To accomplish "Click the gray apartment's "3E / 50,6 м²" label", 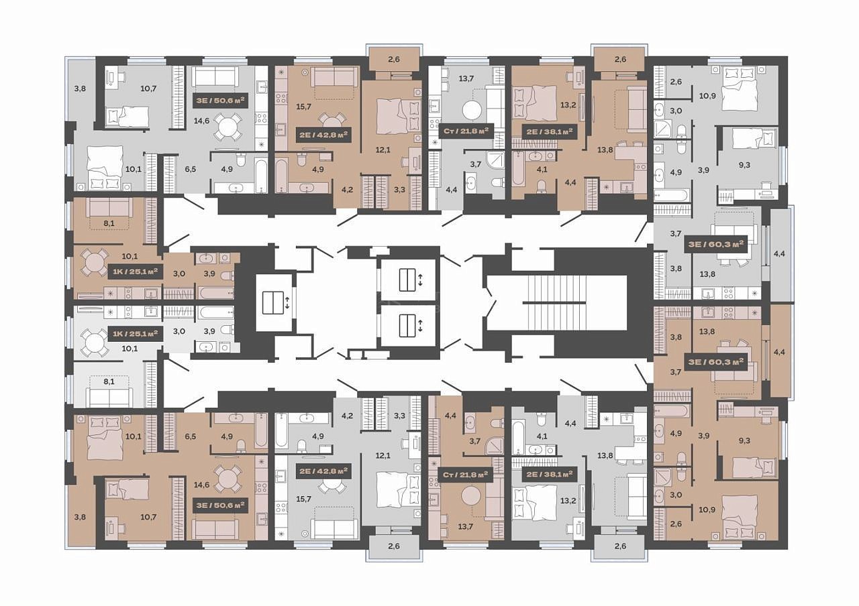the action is tap(221, 101).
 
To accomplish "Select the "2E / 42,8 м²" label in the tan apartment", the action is tap(323, 135).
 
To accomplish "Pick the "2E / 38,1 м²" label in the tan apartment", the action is tap(549, 131).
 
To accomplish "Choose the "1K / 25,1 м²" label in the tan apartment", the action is tap(136, 272).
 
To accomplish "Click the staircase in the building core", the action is tap(557, 302).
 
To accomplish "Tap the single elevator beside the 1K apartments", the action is tap(273, 302).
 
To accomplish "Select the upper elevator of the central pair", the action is tap(407, 280).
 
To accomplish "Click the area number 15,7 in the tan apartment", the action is tap(304, 107).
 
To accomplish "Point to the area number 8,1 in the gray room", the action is tap(109, 381).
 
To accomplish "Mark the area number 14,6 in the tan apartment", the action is tap(201, 485).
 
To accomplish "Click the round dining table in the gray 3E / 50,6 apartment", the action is tap(228, 126).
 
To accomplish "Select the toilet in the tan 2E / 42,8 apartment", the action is tap(301, 160).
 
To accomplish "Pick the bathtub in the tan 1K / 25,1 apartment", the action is tap(216, 293).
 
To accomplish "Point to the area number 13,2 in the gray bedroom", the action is tap(568, 500).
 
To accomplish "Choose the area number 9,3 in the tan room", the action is tap(744, 440).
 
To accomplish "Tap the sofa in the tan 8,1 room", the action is tap(109, 207).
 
